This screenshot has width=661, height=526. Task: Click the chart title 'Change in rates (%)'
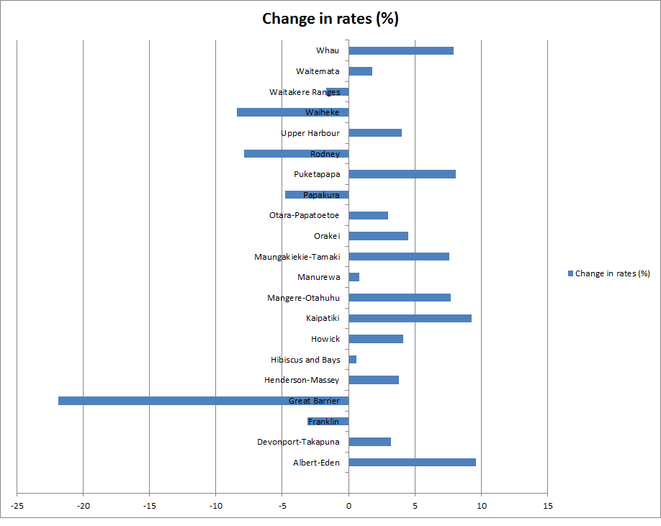[x=330, y=19]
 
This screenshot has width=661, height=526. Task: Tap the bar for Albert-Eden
[x=412, y=462]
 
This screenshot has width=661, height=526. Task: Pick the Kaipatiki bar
[x=410, y=318]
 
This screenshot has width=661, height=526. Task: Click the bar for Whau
[x=401, y=50]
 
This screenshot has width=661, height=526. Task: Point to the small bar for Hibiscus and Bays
[x=353, y=359]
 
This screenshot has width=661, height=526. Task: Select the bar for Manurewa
[x=354, y=277]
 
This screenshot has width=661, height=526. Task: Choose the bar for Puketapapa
[x=402, y=174]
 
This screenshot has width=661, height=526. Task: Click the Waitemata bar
[x=360, y=71]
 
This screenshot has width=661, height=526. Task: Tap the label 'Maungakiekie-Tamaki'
[x=297, y=257]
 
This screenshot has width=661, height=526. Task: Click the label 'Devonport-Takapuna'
[x=298, y=442]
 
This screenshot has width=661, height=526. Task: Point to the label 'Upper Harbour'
[x=310, y=133]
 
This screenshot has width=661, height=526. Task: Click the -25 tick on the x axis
[x=17, y=505]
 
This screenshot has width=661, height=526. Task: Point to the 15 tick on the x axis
[x=547, y=505]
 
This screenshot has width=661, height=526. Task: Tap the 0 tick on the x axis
[x=349, y=505]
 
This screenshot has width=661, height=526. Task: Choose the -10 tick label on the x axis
[x=215, y=505]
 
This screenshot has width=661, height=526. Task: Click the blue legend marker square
[x=571, y=273]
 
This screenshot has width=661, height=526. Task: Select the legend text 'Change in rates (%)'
[x=612, y=273]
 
